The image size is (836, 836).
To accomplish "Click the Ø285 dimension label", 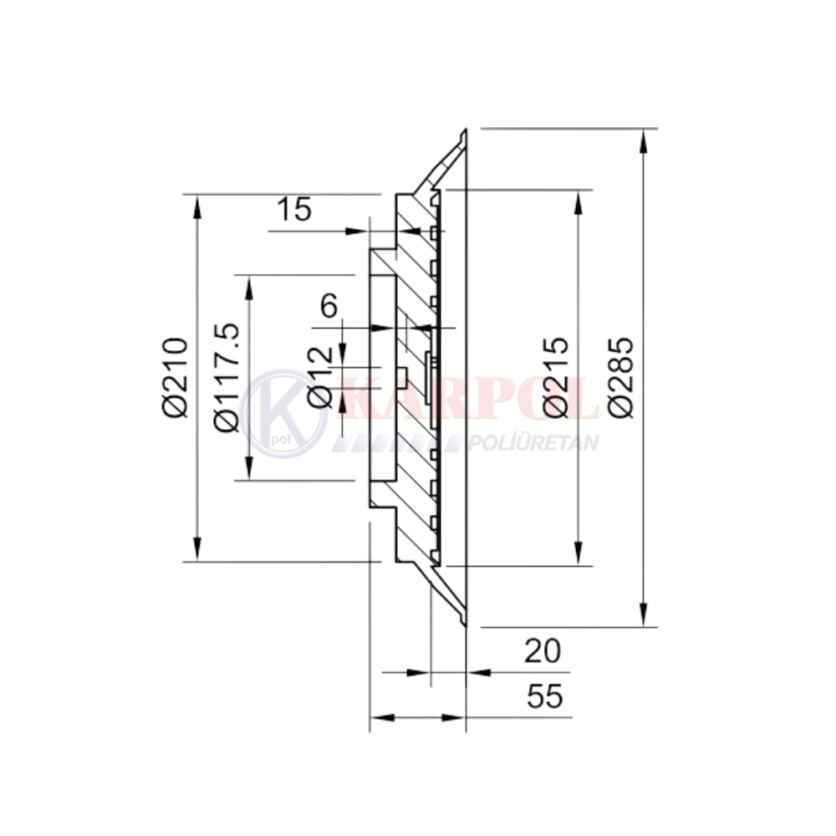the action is (621, 376).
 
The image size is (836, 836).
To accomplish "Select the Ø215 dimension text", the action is (556, 376).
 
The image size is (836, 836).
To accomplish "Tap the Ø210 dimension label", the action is (175, 376).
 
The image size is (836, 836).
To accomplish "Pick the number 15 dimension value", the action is (293, 209).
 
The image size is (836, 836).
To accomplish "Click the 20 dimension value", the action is (543, 651).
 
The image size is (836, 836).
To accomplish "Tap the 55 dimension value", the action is (545, 696).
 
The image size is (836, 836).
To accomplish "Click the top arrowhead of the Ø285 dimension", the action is (644, 140).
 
